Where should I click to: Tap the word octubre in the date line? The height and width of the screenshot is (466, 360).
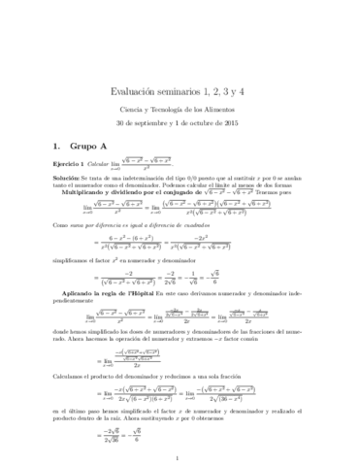pos(209,71)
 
